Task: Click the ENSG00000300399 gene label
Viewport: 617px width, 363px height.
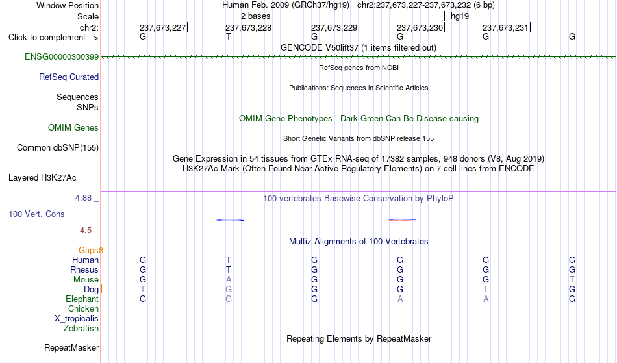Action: click(62, 57)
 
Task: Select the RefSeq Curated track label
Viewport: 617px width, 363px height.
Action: click(69, 77)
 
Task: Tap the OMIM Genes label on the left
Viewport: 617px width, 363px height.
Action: click(73, 128)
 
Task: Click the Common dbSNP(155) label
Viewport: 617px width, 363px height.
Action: click(58, 148)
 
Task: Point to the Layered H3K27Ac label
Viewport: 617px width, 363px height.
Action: click(42, 178)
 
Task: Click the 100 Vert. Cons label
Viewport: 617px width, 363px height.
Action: click(36, 214)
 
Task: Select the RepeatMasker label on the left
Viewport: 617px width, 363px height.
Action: click(71, 347)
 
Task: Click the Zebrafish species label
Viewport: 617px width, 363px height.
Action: click(81, 329)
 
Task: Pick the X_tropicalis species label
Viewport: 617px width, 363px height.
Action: click(77, 319)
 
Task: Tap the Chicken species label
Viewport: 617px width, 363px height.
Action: click(83, 308)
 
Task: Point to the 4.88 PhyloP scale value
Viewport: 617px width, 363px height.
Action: click(83, 198)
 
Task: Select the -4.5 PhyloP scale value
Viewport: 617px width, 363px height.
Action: click(84, 231)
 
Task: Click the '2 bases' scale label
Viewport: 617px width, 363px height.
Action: click(256, 16)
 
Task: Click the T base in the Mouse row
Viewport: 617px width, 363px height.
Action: click(572, 280)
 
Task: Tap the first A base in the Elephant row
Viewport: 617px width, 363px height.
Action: click(400, 299)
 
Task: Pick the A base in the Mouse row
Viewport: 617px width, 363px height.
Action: click(229, 280)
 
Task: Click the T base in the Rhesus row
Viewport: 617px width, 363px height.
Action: click(229, 269)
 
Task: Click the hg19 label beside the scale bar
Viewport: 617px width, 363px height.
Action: click(460, 16)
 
